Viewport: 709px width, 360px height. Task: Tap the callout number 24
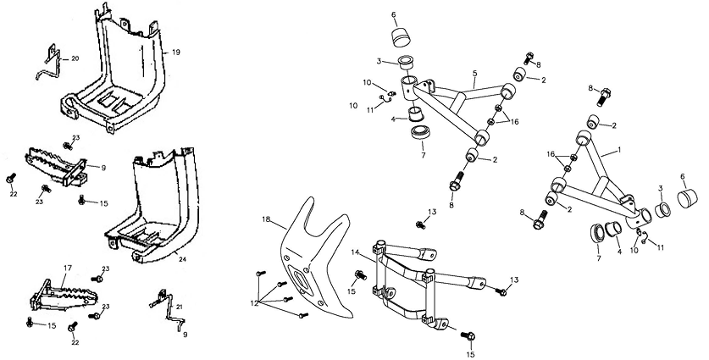tap(182, 259)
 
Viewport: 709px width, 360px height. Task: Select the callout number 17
tap(67, 268)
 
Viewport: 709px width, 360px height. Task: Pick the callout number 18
tap(266, 220)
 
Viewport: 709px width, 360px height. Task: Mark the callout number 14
tap(357, 252)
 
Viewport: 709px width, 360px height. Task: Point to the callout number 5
tap(475, 74)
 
